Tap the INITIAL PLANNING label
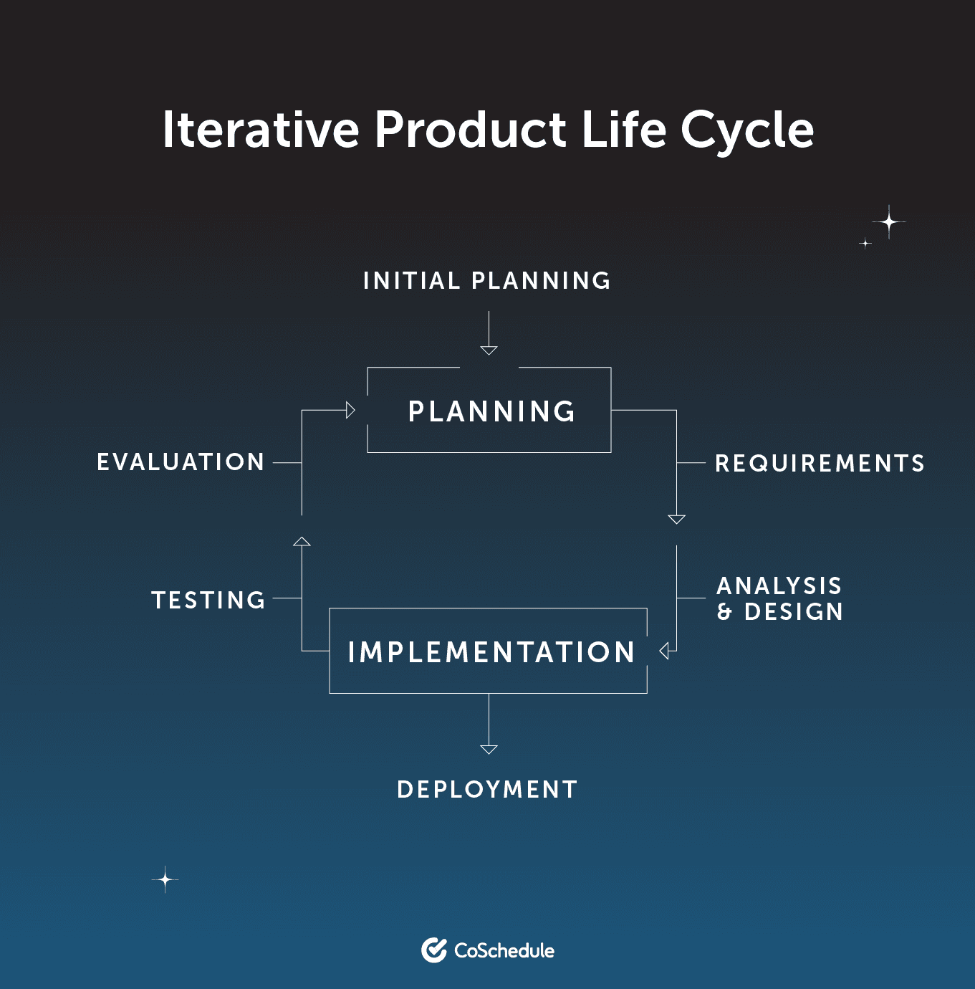(x=486, y=281)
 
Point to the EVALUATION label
(x=181, y=462)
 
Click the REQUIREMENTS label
(x=820, y=464)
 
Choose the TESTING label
(x=208, y=600)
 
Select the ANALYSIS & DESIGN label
(x=779, y=598)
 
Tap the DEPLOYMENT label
(x=487, y=790)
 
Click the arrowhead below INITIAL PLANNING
(x=489, y=350)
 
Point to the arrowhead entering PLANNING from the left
(x=350, y=410)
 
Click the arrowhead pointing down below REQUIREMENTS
(x=676, y=520)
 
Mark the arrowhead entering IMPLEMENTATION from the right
(x=664, y=651)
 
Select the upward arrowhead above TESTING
(x=302, y=541)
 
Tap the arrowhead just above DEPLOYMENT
(x=489, y=750)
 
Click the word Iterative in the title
(x=261, y=130)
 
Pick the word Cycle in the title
(x=746, y=131)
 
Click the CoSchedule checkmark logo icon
(x=434, y=950)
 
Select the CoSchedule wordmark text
(x=504, y=951)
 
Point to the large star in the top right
(x=889, y=222)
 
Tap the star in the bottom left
(x=165, y=879)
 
